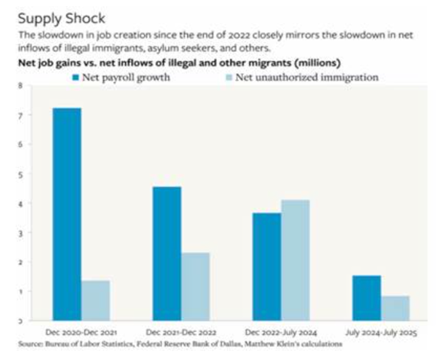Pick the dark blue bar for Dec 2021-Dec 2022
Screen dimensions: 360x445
[x=167, y=253]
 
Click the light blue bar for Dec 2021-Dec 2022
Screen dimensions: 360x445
[x=196, y=286]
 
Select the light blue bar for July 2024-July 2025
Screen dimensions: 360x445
[x=396, y=308]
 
